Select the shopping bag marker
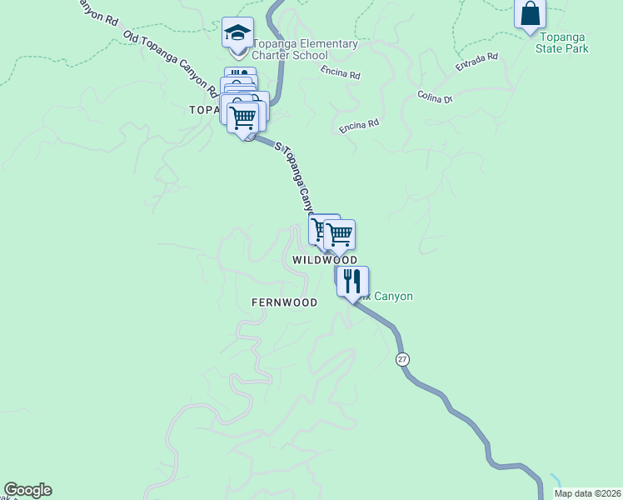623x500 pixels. [530, 14]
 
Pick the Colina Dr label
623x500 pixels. [435, 97]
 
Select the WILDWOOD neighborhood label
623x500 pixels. [325, 261]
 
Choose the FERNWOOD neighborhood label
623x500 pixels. [284, 302]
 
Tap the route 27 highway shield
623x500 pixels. [402, 358]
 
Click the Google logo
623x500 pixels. [27, 490]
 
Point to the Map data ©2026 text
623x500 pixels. [586, 492]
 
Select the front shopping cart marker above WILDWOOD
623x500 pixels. [340, 234]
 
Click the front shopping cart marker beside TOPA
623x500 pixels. [243, 117]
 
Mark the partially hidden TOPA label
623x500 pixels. [203, 110]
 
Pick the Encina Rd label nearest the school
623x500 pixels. [340, 74]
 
